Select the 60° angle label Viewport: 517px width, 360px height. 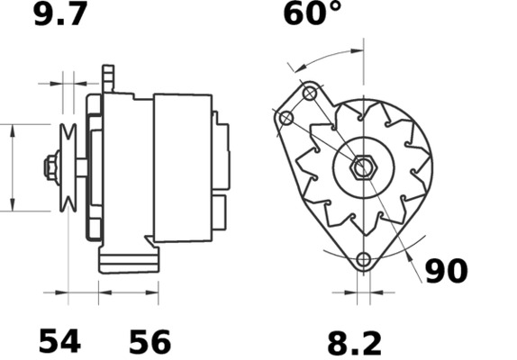(313, 14)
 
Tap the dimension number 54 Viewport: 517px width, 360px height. (59, 341)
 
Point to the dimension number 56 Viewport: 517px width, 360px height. (150, 342)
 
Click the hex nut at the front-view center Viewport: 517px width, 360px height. (364, 167)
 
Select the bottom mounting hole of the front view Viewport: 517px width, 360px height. (363, 261)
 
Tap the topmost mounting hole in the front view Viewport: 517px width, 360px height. (310, 93)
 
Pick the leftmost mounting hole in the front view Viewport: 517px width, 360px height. (286, 119)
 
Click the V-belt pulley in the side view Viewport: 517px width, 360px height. (67, 167)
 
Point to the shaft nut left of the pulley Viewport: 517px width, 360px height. (50, 167)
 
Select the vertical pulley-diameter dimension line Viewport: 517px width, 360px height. (13, 167)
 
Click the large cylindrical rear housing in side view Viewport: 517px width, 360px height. (182, 167)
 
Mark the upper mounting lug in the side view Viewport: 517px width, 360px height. (110, 79)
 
